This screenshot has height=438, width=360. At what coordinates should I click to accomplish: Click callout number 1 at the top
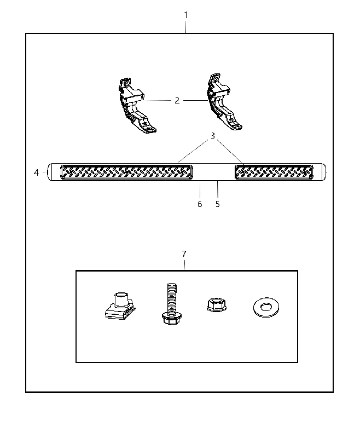186,15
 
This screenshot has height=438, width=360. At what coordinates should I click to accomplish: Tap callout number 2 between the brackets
177,101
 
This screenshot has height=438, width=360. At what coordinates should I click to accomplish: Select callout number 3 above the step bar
213,136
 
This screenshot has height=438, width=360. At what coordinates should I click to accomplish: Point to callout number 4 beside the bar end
36,172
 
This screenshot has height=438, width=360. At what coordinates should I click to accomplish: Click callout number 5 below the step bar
218,204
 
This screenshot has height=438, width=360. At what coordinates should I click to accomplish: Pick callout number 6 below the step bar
200,204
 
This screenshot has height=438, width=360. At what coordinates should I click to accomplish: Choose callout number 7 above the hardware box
184,254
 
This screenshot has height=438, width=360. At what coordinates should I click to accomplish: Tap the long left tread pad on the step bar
126,172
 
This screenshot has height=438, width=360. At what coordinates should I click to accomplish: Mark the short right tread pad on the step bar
274,172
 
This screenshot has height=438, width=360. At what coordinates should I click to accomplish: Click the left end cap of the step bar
50,172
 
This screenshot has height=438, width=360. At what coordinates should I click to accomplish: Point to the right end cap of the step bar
323,172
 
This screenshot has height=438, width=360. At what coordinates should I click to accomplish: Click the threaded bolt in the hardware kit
171,304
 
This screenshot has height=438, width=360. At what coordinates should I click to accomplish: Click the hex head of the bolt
172,319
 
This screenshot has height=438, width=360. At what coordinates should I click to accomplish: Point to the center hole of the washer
266,307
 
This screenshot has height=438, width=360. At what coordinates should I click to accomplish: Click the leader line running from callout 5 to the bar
217,190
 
